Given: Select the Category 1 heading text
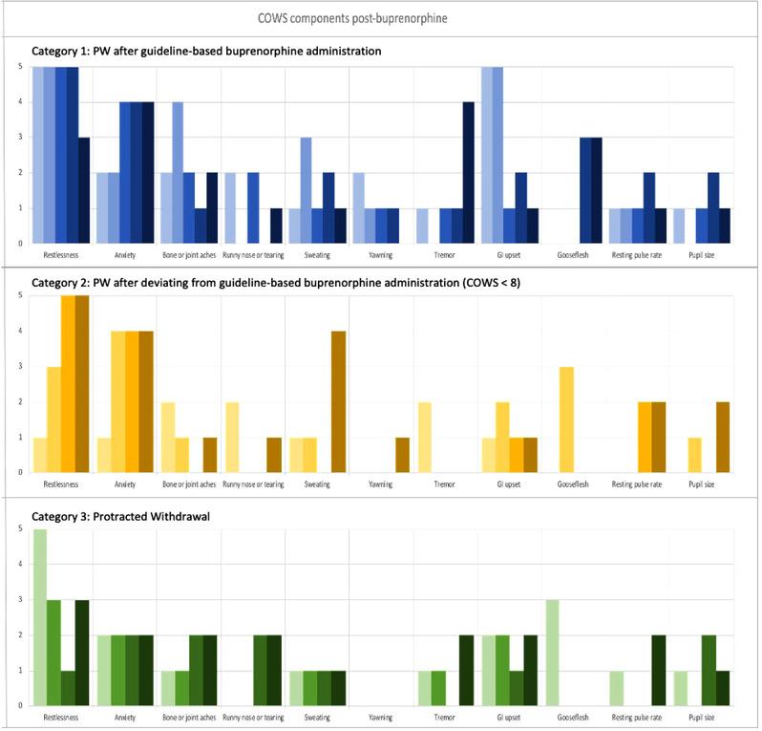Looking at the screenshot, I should click(202, 51).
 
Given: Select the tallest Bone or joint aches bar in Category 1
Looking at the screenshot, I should click(178, 173).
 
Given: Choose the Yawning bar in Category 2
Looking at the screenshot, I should click(402, 455).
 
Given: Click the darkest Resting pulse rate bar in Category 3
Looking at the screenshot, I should click(658, 670).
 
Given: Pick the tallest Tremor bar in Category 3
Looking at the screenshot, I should click(465, 670).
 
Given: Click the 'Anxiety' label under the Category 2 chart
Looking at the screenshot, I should click(124, 484).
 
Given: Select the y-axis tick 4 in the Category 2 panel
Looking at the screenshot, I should click(20, 332).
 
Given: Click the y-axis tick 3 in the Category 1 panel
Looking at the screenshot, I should click(20, 139).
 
